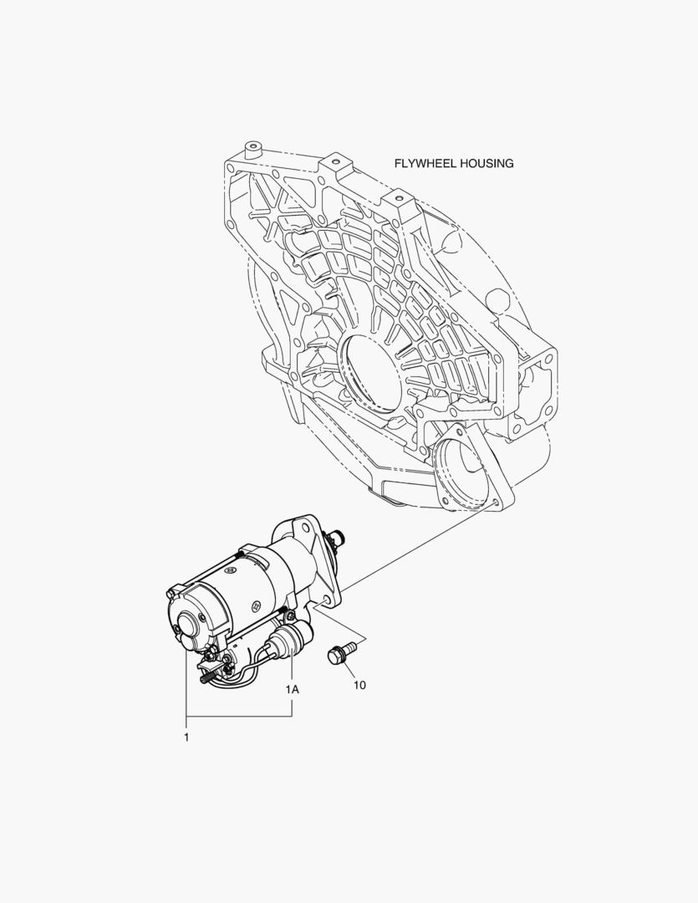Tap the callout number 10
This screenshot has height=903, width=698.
pos(359,686)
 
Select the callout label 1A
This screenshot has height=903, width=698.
pos(292,689)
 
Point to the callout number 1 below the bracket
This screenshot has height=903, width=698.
pos(186,737)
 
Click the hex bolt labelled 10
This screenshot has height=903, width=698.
pos(339,656)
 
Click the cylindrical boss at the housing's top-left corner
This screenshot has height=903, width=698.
pos(252,150)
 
